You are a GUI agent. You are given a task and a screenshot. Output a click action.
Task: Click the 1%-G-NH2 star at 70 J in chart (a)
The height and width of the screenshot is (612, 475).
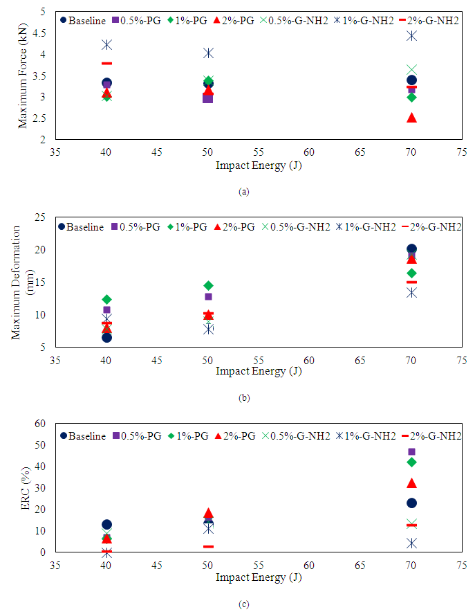[x=411, y=35]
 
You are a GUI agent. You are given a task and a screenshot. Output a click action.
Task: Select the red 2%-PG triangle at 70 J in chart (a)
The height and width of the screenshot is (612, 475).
[x=411, y=118]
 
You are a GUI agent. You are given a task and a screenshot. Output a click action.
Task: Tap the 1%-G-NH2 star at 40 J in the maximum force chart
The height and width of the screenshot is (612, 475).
[x=106, y=44]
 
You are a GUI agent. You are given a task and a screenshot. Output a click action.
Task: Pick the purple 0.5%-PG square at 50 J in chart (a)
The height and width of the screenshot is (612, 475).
[x=207, y=98]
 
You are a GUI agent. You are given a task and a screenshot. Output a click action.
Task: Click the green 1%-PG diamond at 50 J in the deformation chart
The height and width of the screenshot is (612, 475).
[x=208, y=285]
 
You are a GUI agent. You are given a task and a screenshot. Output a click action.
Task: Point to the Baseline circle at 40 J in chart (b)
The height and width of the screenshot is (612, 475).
[x=106, y=337]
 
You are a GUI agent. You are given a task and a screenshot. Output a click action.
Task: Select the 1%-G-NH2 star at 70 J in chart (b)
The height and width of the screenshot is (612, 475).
[x=411, y=292]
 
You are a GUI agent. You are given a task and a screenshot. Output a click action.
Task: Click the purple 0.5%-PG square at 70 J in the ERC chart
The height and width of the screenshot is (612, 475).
[x=411, y=452]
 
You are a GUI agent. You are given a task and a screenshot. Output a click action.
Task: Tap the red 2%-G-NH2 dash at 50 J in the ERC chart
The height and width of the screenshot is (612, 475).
[x=208, y=546]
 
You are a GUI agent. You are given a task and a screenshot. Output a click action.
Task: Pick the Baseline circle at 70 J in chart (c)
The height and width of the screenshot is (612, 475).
[x=411, y=503]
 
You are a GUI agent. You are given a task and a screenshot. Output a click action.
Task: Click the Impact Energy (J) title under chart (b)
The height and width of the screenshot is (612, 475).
[x=259, y=371]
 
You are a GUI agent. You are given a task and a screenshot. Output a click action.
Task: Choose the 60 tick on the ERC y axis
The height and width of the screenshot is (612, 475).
[x=44, y=424]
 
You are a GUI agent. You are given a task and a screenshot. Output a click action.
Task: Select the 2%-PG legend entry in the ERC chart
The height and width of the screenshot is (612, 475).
[x=232, y=435]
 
